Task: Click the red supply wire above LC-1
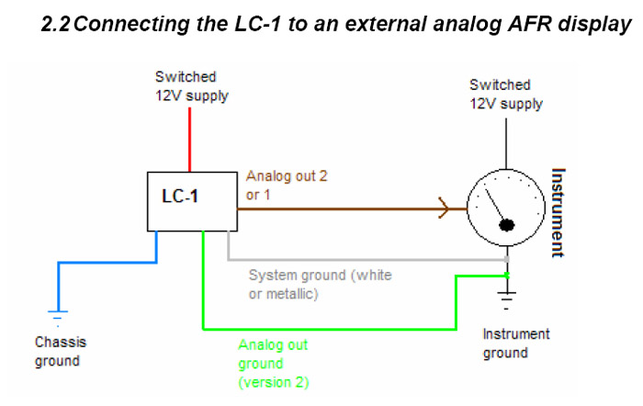pos(190,139)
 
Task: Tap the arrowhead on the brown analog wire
pos(444,210)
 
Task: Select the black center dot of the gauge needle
pos(504,224)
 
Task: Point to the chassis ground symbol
pos(59,318)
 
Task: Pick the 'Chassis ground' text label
pos(61,351)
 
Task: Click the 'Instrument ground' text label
pos(516,343)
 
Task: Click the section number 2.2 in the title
pos(56,25)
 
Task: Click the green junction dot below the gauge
pos(506,274)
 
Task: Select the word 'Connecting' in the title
pos(130,25)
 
